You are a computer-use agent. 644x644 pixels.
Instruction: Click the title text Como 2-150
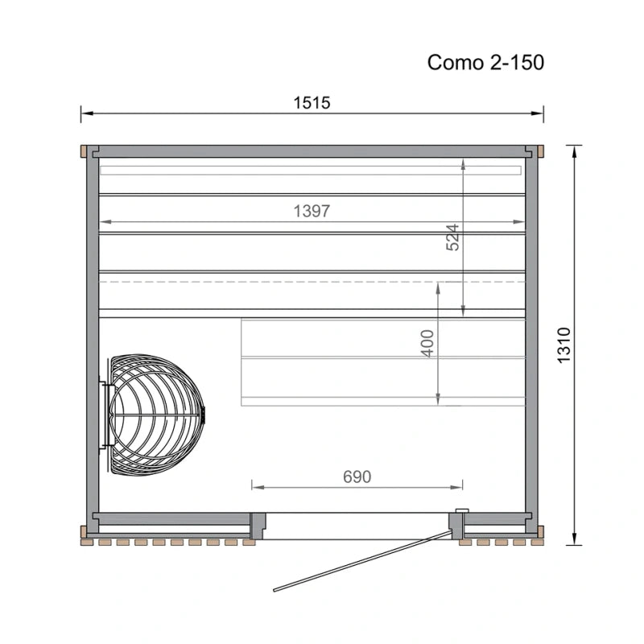485,63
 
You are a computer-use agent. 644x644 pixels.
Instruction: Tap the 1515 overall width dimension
312,103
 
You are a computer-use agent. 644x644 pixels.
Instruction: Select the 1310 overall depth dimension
564,345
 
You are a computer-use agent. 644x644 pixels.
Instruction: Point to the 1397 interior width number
312,211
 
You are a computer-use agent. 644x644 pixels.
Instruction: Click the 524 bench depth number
452,237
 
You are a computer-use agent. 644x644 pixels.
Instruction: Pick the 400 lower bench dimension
427,344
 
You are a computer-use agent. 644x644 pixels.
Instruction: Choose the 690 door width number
357,477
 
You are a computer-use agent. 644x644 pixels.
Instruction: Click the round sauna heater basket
156,415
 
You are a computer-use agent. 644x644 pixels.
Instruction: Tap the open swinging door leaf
361,561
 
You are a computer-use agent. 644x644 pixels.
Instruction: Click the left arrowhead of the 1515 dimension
86,114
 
